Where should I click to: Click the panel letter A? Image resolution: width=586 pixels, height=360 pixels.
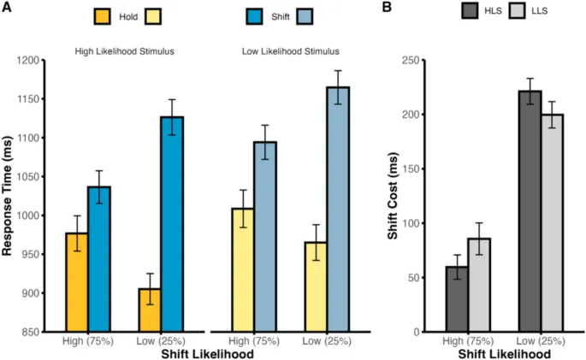7,8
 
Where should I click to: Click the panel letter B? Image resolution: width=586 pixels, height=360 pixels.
388,8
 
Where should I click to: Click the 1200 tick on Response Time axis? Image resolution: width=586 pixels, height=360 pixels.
38,61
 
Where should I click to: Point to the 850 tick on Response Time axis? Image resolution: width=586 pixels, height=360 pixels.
41,332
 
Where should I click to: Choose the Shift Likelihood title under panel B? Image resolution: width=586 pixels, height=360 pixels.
504,353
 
